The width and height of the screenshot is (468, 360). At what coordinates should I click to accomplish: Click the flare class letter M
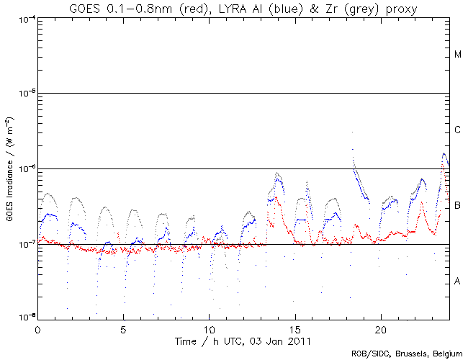click(457, 55)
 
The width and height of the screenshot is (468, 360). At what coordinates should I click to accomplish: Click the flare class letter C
click(457, 130)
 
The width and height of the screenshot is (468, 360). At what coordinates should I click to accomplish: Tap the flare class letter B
click(457, 206)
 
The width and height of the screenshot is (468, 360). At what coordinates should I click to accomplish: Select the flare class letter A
click(457, 281)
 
